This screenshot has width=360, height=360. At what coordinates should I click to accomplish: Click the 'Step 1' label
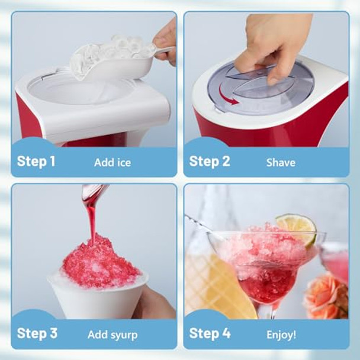pos(36,162)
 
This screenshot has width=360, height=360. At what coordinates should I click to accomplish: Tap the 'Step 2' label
pos(209,162)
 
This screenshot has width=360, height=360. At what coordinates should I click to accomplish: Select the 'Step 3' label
pos(37,333)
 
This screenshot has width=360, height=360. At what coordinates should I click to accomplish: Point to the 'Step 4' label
pos(210,333)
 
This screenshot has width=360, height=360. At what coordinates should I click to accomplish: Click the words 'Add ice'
pos(112,162)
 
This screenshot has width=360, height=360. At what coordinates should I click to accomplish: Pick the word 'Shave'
pos(281,162)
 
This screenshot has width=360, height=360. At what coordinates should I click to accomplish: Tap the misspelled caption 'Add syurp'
pos(112,335)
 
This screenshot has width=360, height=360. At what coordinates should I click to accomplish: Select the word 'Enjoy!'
pos(281,335)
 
